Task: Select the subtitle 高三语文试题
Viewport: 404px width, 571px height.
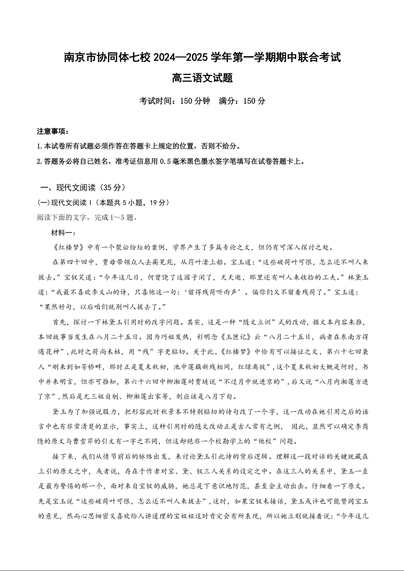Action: pos(202,78)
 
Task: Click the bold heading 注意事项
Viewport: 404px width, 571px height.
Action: pos(52,132)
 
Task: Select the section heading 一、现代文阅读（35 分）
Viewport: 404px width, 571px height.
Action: pos(83,188)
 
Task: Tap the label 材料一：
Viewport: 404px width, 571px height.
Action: pos(64,233)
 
